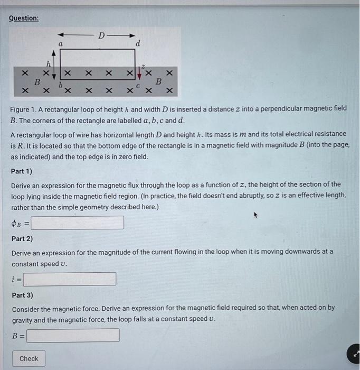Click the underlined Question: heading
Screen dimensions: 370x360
tap(24, 18)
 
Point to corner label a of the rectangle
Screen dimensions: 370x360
tap(61, 45)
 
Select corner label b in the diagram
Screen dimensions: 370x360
tap(61, 84)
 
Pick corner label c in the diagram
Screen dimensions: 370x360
tap(138, 85)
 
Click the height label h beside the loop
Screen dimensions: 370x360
tap(47, 64)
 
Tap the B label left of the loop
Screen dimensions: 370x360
tap(37, 82)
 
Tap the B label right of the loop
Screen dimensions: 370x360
tap(157, 82)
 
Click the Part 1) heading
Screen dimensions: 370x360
tap(22, 171)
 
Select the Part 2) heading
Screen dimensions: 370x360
tap(22, 238)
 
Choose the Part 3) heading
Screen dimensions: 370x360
tap(22, 295)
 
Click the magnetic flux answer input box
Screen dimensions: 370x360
tap(78, 223)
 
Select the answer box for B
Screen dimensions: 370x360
tap(73, 335)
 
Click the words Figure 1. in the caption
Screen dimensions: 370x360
tap(25, 108)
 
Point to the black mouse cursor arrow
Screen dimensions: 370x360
tap(255, 216)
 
